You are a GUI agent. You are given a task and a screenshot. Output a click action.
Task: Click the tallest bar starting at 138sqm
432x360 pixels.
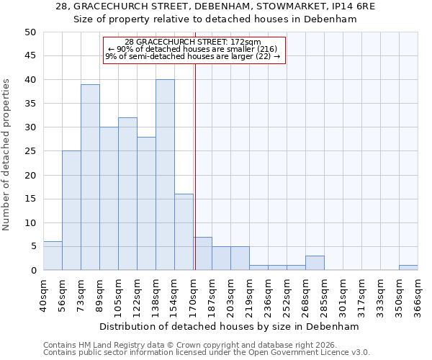coord(165,175)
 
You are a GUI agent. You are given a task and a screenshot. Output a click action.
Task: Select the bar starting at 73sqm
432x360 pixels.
coord(90,177)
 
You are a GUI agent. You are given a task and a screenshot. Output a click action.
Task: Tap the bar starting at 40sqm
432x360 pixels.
coord(53,256)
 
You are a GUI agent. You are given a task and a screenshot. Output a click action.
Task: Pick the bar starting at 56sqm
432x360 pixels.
coord(71,210)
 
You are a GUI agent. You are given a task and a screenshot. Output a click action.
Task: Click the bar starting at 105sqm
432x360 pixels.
coord(127,194)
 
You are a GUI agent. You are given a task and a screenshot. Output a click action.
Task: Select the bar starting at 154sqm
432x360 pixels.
coord(184,232)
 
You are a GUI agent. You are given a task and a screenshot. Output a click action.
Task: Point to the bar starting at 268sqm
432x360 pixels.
coord(315,263)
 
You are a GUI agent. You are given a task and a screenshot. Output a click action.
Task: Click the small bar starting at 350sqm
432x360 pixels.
coord(408,268)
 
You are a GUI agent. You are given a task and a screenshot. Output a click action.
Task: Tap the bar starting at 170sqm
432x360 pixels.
coord(202,253)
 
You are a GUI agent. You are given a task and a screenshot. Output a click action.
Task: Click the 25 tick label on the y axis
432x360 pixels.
coord(30,151)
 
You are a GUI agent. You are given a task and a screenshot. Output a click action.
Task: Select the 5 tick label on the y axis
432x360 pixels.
coord(33,247)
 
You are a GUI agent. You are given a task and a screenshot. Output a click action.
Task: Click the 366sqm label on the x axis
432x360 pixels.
coord(418,294)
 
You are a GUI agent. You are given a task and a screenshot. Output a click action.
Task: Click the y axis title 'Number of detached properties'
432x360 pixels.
coord(6,155)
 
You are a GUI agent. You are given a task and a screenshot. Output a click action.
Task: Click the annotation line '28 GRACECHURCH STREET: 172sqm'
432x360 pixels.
coord(193,42)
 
